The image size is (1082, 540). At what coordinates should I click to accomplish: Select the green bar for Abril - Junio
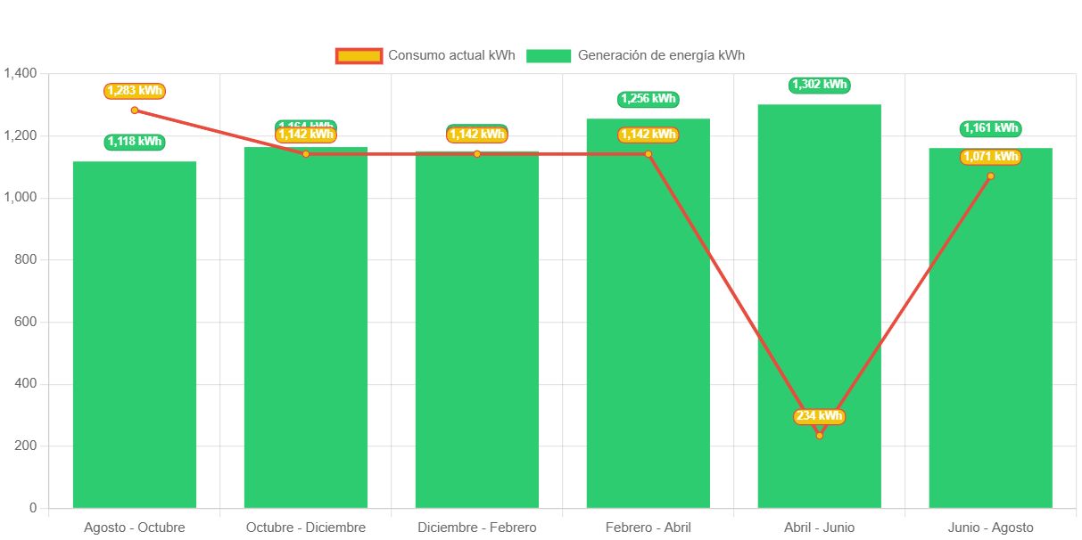(x=819, y=267)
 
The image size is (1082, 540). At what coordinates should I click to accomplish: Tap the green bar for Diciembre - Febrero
(x=477, y=330)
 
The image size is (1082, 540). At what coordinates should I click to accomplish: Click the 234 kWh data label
(x=819, y=416)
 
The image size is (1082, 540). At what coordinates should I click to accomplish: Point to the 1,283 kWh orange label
(x=135, y=91)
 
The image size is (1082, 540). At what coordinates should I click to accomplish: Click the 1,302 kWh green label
(x=819, y=85)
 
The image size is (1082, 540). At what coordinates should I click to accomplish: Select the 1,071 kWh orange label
(x=990, y=157)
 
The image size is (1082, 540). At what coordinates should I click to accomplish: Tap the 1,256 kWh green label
(x=648, y=99)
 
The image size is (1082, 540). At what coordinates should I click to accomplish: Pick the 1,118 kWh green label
(x=135, y=142)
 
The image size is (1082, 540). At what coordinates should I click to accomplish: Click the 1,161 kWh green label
(x=990, y=128)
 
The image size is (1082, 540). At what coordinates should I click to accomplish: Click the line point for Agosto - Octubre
(x=135, y=110)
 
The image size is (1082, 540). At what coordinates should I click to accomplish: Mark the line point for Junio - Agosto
(x=990, y=176)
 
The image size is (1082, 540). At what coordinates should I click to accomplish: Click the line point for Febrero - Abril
(x=648, y=154)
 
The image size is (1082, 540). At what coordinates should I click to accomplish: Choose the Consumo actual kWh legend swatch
(x=359, y=56)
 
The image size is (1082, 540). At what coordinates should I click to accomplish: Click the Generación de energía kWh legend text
(x=661, y=55)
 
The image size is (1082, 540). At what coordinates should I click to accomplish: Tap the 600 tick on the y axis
(x=26, y=321)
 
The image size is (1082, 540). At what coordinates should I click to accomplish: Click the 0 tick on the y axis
(x=33, y=507)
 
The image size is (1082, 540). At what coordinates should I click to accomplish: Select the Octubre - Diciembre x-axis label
(x=306, y=528)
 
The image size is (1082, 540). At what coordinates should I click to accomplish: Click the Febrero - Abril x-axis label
(x=648, y=528)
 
